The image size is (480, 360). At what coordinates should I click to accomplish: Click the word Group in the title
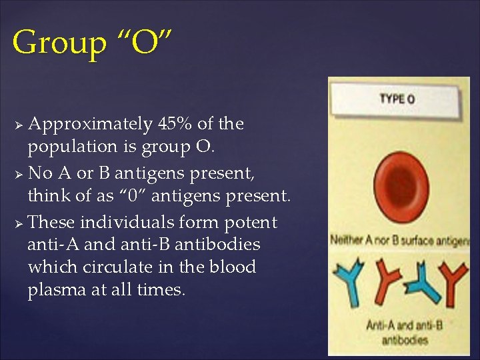(59, 43)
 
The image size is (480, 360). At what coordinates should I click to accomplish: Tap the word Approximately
(91, 125)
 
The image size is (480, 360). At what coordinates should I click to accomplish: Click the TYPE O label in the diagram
(397, 99)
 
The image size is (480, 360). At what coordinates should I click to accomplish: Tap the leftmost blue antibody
(347, 281)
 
